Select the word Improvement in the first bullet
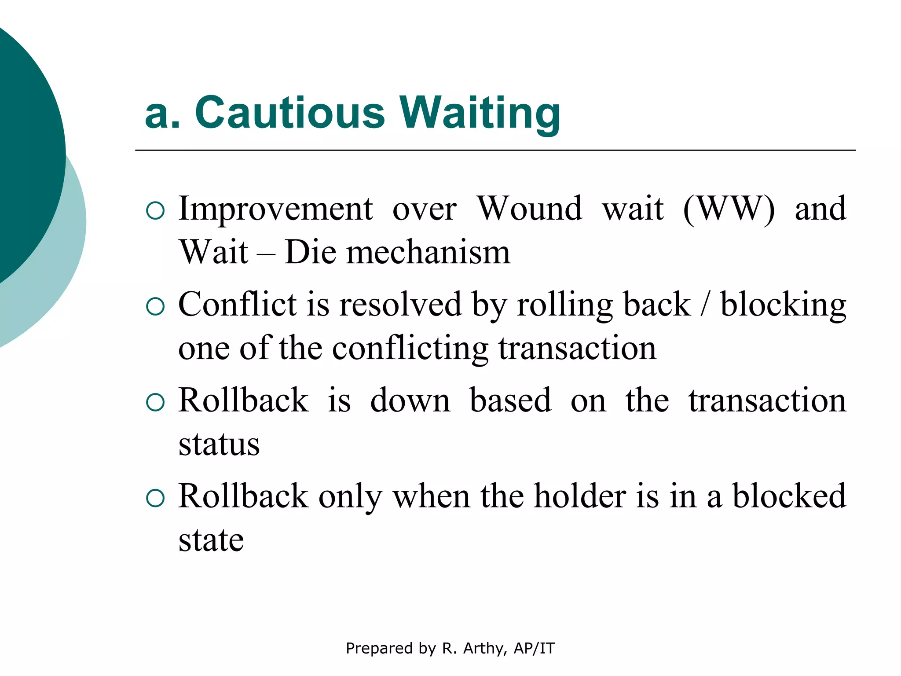tap(276, 209)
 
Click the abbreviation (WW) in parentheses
tap(729, 209)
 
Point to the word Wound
tap(530, 209)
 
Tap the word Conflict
tap(238, 305)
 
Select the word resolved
tap(400, 305)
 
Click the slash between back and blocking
tap(705, 305)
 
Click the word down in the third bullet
tap(410, 400)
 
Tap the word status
tap(219, 445)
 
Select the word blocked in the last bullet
tap(789, 496)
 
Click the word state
tap(211, 540)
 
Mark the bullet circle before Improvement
tap(155, 211)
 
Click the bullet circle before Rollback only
tap(155, 499)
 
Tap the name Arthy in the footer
tap(483, 648)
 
